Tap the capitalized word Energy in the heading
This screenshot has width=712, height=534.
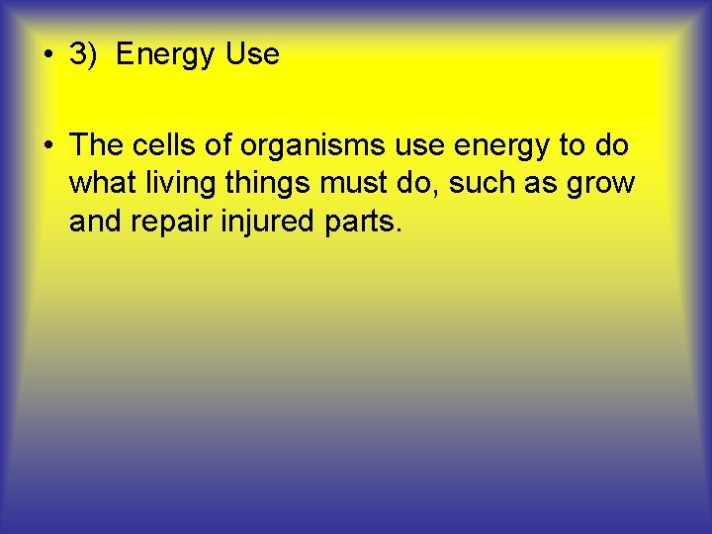[x=162, y=54]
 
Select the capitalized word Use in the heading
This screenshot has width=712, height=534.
[x=252, y=54]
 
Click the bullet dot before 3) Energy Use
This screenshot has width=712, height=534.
[x=47, y=55]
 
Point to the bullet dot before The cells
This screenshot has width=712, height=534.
[x=47, y=146]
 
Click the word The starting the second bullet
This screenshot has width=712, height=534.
[x=96, y=145]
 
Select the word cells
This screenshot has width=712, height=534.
[x=164, y=145]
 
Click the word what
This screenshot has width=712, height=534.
[x=103, y=183]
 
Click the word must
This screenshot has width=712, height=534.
[x=353, y=184]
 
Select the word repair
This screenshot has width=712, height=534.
[x=173, y=222]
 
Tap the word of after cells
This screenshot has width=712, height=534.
[x=221, y=145]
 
